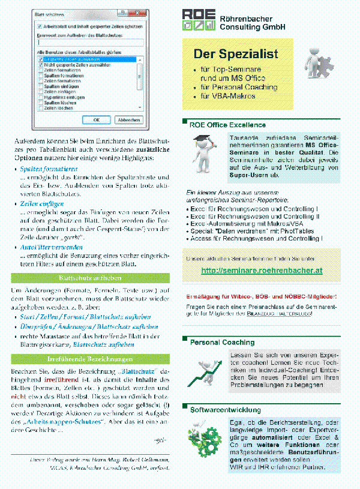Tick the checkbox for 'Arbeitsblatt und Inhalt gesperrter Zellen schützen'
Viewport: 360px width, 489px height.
click(x=40, y=26)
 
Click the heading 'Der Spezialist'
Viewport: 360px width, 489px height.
click(x=235, y=54)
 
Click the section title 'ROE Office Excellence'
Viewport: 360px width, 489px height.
click(x=227, y=125)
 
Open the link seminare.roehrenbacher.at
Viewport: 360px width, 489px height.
click(x=262, y=271)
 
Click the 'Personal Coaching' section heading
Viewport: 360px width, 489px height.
click(x=222, y=342)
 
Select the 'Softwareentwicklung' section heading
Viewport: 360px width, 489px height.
click(x=226, y=410)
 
